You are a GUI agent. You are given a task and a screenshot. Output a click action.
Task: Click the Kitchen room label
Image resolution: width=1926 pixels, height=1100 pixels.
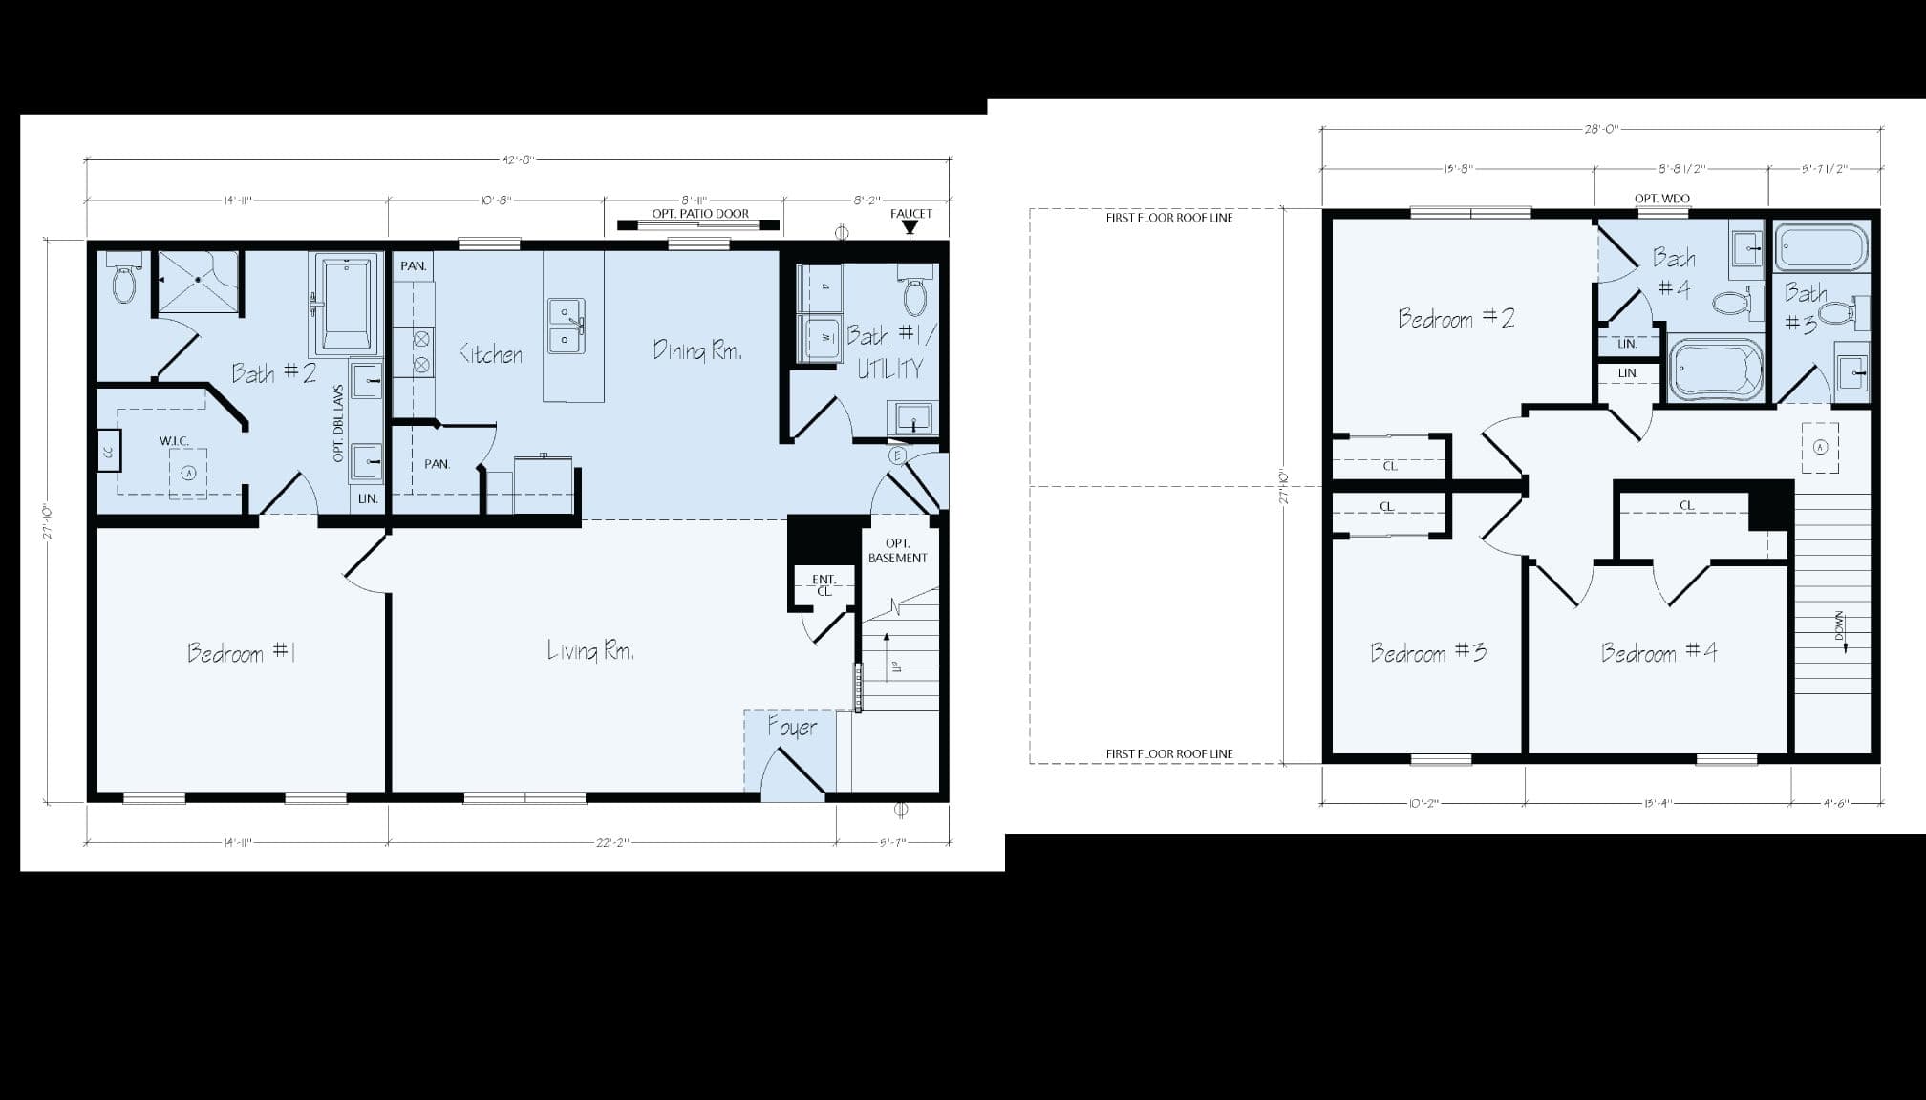pyautogui.click(x=490, y=354)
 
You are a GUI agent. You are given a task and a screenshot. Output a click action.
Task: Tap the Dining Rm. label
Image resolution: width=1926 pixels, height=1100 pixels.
pyautogui.click(x=697, y=350)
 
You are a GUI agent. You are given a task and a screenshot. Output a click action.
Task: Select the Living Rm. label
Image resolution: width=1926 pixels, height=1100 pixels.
pyautogui.click(x=590, y=651)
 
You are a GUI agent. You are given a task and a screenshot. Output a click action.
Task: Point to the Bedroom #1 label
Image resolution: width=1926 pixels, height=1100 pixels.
pyautogui.click(x=241, y=653)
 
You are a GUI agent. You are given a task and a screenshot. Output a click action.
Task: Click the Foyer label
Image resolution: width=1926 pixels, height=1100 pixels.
pyautogui.click(x=792, y=728)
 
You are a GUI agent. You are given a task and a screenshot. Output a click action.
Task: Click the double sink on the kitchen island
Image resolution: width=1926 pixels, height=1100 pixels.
pyautogui.click(x=566, y=326)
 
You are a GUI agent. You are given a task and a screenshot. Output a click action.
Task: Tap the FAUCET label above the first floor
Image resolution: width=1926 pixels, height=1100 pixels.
pyautogui.click(x=910, y=214)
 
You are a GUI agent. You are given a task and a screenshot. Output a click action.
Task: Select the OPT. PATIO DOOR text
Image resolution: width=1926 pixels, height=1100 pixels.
pyautogui.click(x=700, y=214)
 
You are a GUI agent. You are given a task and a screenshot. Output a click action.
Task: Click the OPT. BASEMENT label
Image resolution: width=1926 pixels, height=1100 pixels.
pyautogui.click(x=897, y=551)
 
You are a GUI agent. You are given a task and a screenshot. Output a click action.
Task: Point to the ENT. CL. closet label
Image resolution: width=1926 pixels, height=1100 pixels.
pyautogui.click(x=824, y=585)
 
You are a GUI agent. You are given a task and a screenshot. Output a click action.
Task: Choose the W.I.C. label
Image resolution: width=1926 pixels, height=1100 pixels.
pyautogui.click(x=174, y=441)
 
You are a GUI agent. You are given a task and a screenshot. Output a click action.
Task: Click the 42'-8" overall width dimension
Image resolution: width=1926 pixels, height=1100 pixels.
pyautogui.click(x=518, y=159)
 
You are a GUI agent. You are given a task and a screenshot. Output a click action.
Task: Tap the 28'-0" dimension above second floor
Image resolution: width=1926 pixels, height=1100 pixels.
pyautogui.click(x=1601, y=129)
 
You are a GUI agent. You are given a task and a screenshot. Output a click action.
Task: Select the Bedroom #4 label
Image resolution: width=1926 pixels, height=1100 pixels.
pyautogui.click(x=1658, y=653)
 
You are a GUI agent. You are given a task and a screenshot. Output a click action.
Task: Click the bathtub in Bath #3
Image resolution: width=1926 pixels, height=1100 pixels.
pyautogui.click(x=1820, y=248)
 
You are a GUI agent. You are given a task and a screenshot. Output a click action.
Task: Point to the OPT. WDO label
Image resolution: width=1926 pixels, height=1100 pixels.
pyautogui.click(x=1662, y=199)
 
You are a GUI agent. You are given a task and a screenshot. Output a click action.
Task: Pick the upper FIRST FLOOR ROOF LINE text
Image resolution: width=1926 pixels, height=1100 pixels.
pyautogui.click(x=1169, y=218)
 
